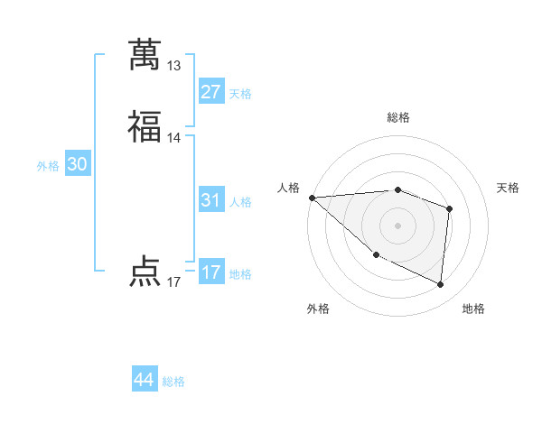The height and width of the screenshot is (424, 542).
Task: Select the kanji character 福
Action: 145,126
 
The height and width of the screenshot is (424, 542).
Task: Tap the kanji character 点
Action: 145,271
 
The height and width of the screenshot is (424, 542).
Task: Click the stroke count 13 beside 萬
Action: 174,66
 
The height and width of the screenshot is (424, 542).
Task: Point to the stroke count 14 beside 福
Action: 174,138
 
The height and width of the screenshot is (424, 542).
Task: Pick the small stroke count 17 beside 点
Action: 174,282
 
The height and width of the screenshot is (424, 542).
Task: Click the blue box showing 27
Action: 211,92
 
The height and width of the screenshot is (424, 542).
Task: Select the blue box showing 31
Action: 211,200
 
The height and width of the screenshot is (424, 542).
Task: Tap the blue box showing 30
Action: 78,165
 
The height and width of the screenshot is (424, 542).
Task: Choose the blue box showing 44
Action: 145,380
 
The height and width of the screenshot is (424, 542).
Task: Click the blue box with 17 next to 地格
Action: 211,272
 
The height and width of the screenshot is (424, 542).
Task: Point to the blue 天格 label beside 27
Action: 240,94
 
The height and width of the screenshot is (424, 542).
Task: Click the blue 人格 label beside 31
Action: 240,202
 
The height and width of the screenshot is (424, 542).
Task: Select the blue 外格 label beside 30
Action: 48,166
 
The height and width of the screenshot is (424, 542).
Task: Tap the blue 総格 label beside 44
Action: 173,382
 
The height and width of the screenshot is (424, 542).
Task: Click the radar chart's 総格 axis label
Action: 397,118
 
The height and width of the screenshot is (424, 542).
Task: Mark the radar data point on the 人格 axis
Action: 312,197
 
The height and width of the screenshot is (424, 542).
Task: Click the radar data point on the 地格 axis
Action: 440,284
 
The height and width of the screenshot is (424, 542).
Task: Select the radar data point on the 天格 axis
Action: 449,208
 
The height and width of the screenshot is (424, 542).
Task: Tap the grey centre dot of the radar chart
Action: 397,225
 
